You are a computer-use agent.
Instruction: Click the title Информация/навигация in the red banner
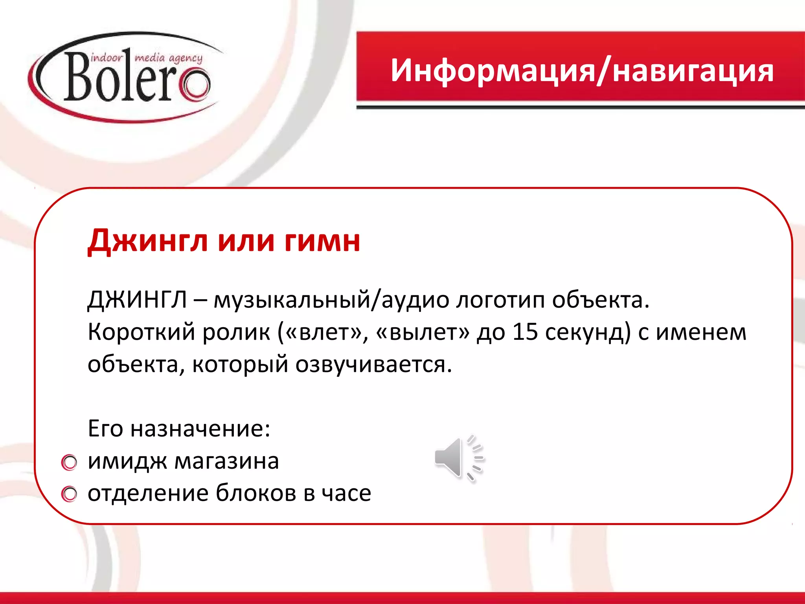point(582,71)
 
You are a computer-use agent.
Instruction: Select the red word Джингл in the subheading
point(147,241)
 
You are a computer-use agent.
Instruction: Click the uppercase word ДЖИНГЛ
point(137,300)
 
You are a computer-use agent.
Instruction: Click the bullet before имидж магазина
point(70,462)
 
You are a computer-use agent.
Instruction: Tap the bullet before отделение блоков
point(70,494)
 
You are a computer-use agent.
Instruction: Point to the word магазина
point(227,461)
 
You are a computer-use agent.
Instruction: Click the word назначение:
point(200,429)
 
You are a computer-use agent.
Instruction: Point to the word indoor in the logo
point(107,58)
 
